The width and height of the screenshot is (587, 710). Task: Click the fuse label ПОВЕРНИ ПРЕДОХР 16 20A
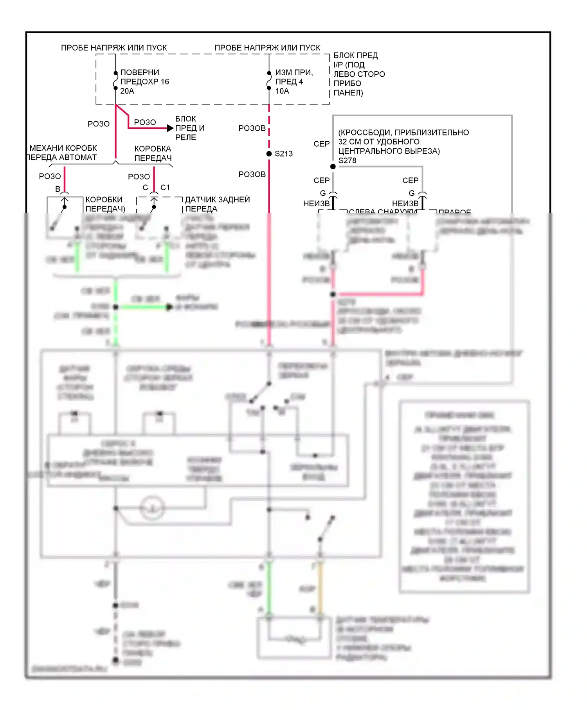coord(144,82)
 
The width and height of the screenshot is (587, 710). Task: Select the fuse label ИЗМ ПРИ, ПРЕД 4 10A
coord(293,82)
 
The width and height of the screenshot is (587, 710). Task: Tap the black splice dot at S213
coord(269,154)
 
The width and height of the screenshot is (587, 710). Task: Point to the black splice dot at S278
coord(333,166)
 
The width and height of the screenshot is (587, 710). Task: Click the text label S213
coord(284,154)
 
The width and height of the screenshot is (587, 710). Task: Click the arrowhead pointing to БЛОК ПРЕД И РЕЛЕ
coord(170,128)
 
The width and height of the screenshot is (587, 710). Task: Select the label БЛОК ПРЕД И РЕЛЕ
coord(190,128)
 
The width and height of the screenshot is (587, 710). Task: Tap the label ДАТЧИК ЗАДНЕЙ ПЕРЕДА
coord(217,204)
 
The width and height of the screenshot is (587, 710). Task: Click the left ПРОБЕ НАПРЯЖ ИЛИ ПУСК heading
coord(114,48)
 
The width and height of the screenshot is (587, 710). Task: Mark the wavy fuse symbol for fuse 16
coord(115,81)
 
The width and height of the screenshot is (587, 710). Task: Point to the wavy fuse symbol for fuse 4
coord(269,81)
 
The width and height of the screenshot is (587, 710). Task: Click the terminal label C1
coord(165,187)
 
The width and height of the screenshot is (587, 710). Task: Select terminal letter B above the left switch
coord(58,189)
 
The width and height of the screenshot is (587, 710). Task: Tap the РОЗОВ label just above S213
coord(252,128)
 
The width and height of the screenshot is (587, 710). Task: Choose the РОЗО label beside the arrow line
coord(145,123)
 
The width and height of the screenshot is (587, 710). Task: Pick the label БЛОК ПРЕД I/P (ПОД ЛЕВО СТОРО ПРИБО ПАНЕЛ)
coord(359,74)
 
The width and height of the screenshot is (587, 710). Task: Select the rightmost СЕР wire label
coord(411,180)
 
